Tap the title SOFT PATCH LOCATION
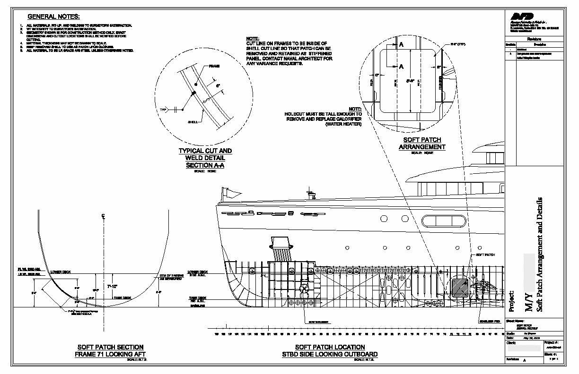(x=330, y=347)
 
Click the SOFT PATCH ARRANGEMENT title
(x=422, y=144)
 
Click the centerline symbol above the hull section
(x=103, y=216)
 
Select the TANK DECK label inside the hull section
(x=119, y=298)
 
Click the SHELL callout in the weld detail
(x=193, y=122)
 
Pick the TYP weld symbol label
(x=164, y=109)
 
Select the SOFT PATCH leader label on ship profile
(x=485, y=255)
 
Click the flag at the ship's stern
(x=232, y=193)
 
